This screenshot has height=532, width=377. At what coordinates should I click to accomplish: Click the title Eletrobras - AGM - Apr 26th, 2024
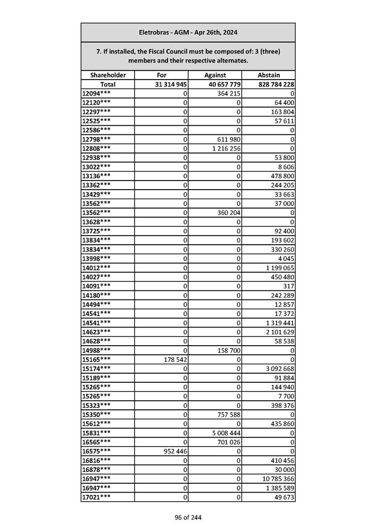(188, 32)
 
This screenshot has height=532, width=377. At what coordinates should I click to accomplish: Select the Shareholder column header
(108, 75)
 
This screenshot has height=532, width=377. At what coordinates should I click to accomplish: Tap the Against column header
(215, 75)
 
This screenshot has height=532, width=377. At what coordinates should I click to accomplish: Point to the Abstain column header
(269, 75)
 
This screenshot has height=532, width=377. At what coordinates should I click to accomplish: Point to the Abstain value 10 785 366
(278, 479)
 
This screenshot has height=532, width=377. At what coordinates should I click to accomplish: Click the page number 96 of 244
(188, 518)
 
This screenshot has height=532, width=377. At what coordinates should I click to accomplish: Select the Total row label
(108, 84)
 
